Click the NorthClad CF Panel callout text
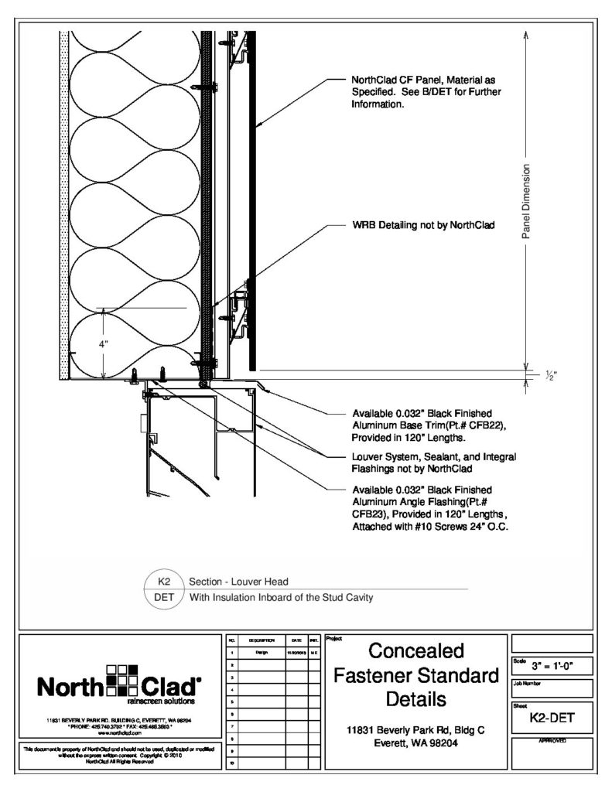(426, 92)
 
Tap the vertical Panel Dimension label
(525, 201)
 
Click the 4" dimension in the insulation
(104, 344)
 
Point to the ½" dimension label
(550, 375)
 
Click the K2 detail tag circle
(164, 580)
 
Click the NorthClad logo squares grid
(121, 681)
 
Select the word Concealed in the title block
(415, 650)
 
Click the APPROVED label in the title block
(551, 741)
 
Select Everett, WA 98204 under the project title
(415, 743)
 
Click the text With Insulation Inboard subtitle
(282, 596)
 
